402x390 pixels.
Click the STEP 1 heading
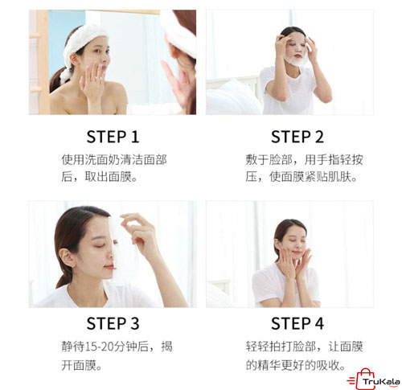(x=113, y=137)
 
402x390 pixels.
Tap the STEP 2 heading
(x=297, y=137)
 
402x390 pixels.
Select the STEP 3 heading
(x=113, y=323)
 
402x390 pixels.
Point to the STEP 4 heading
(x=297, y=323)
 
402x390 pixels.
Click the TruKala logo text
(x=381, y=382)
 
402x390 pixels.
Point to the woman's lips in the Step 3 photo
(x=109, y=267)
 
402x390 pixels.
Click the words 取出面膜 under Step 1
(x=109, y=177)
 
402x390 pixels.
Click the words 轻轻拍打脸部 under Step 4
(x=281, y=347)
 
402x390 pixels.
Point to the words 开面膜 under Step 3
(x=79, y=365)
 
